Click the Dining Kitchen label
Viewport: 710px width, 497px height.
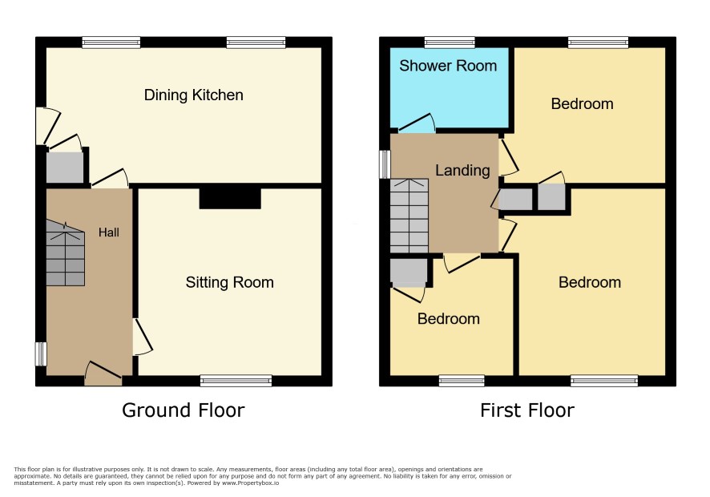(x=193, y=95)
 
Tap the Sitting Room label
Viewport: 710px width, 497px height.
(x=229, y=283)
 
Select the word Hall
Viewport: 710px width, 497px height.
(x=109, y=232)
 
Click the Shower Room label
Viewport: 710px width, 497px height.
(x=448, y=66)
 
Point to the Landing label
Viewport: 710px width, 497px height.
(x=462, y=171)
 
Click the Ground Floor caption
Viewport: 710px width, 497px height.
(x=183, y=410)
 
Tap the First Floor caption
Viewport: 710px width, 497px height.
(x=527, y=410)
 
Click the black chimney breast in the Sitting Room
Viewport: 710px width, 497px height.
(x=230, y=199)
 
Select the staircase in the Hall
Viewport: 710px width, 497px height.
(x=65, y=253)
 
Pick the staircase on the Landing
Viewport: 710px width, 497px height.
(x=409, y=216)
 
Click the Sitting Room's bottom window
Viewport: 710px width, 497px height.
(x=236, y=381)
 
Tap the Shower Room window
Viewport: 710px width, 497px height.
(x=450, y=42)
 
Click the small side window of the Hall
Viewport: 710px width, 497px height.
(x=41, y=354)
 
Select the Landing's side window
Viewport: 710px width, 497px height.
(x=385, y=164)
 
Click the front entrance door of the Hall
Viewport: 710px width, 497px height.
(x=103, y=374)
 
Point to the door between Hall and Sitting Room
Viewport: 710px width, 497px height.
(x=142, y=337)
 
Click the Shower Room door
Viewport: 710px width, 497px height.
(x=417, y=123)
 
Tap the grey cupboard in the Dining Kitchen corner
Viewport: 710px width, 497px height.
(x=65, y=168)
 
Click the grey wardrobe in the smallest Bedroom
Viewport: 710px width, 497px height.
(x=409, y=272)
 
